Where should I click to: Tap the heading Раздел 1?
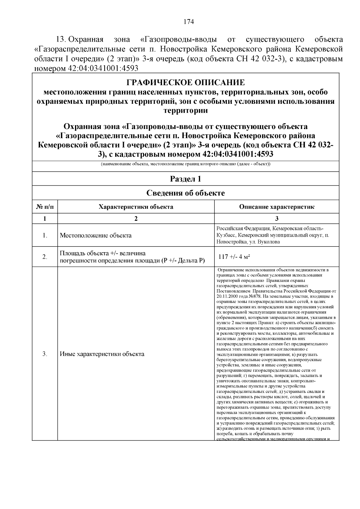(x=185, y=179)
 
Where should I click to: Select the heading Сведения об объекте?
(x=185, y=193)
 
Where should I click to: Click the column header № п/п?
(x=45, y=207)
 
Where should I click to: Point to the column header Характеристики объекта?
(x=136, y=207)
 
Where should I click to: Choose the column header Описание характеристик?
(x=277, y=207)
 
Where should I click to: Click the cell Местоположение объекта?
(x=96, y=235)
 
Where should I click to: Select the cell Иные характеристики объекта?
(x=102, y=354)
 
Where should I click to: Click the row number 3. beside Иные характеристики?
(x=45, y=354)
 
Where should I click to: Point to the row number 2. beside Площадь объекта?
(x=45, y=257)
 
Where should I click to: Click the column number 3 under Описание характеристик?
(x=277, y=218)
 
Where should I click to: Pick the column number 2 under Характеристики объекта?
(x=136, y=218)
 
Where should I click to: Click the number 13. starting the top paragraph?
(x=61, y=40)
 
